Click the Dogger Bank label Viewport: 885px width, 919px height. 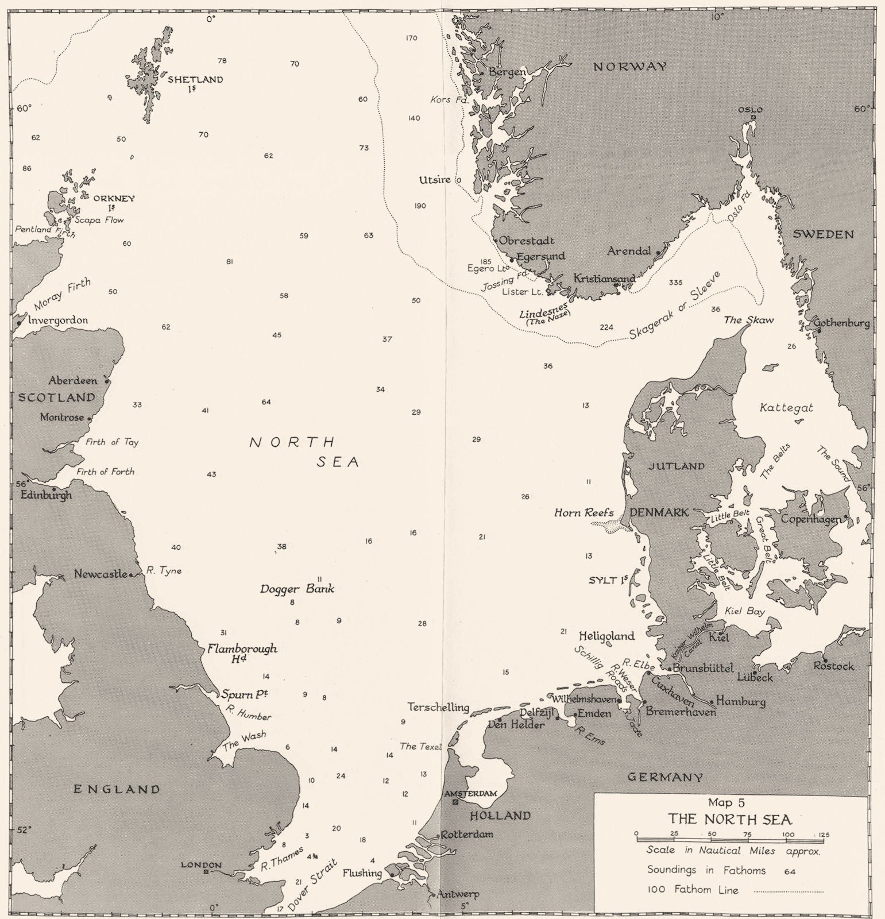click(297, 589)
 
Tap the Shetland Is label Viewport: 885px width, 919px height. click(194, 83)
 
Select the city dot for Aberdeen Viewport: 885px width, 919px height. click(107, 381)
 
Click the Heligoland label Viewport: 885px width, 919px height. click(606, 636)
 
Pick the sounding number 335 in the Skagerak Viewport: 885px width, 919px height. click(675, 283)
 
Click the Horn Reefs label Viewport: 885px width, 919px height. click(583, 513)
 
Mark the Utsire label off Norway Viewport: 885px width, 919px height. click(435, 180)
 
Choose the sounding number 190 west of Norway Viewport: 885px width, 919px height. click(419, 206)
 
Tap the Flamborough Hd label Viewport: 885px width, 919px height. click(242, 653)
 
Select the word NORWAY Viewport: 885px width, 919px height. click(630, 67)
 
